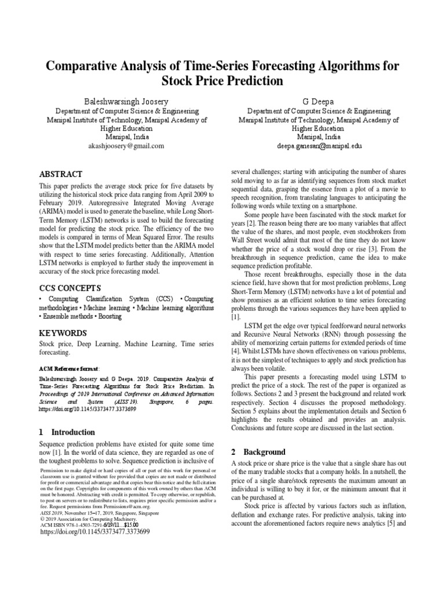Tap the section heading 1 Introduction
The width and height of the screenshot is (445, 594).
click(x=67, y=432)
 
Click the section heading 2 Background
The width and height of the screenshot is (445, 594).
click(x=258, y=451)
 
